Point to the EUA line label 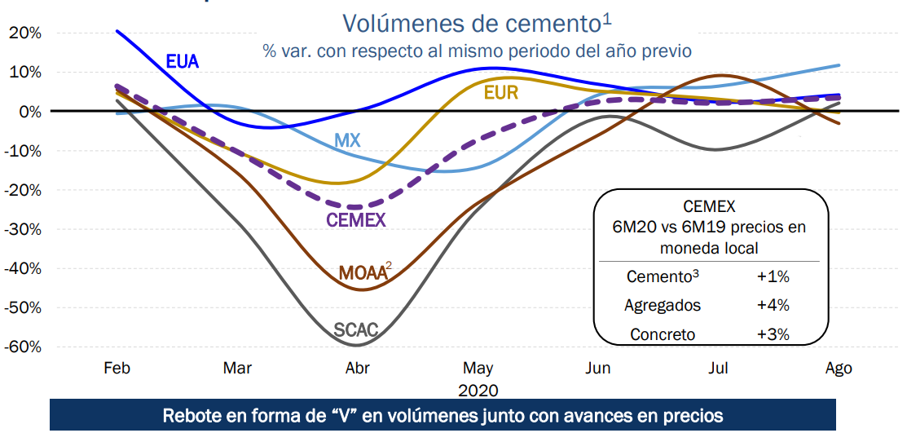tap(183, 61)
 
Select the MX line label tap(347, 141)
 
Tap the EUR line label tap(500, 93)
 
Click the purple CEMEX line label tap(356, 219)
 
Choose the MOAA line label tap(363, 273)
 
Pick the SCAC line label tap(356, 330)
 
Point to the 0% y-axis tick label tap(29, 111)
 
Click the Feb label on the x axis tap(117, 368)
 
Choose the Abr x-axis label tap(358, 368)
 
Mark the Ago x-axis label tap(839, 368)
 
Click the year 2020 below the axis tap(478, 391)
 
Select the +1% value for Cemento tap(773, 276)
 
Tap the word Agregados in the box tap(663, 305)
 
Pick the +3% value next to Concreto tap(773, 334)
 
